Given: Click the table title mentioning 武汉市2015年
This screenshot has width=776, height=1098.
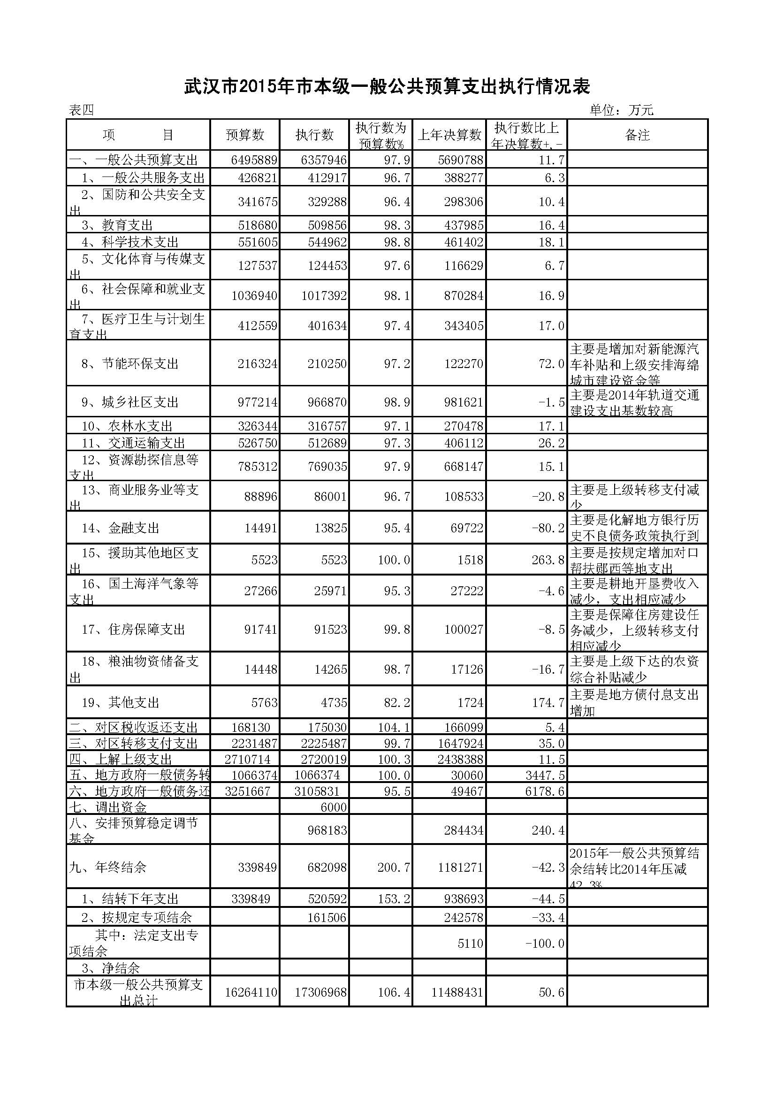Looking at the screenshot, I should coord(387,86).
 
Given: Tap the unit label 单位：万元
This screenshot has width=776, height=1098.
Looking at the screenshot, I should coord(621,110).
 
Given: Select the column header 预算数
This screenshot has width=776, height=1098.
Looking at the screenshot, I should coord(244,135).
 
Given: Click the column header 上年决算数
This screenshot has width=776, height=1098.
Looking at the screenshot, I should coord(449,135).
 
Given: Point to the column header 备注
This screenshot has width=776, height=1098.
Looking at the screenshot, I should coord(637,135).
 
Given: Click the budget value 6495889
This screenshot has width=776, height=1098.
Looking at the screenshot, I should coord(254,160).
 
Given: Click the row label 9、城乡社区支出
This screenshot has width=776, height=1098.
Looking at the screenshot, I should coord(129,402).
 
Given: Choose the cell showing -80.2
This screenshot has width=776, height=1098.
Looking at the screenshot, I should coord(548,528).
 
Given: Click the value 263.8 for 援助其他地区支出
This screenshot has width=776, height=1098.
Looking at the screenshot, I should coord(548,560).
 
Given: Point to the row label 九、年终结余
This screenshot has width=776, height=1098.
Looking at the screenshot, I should coord(107,867).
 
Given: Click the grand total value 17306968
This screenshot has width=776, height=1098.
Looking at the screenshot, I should coord(320,992).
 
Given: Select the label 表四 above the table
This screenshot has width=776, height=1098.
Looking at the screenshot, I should coord(81,110).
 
